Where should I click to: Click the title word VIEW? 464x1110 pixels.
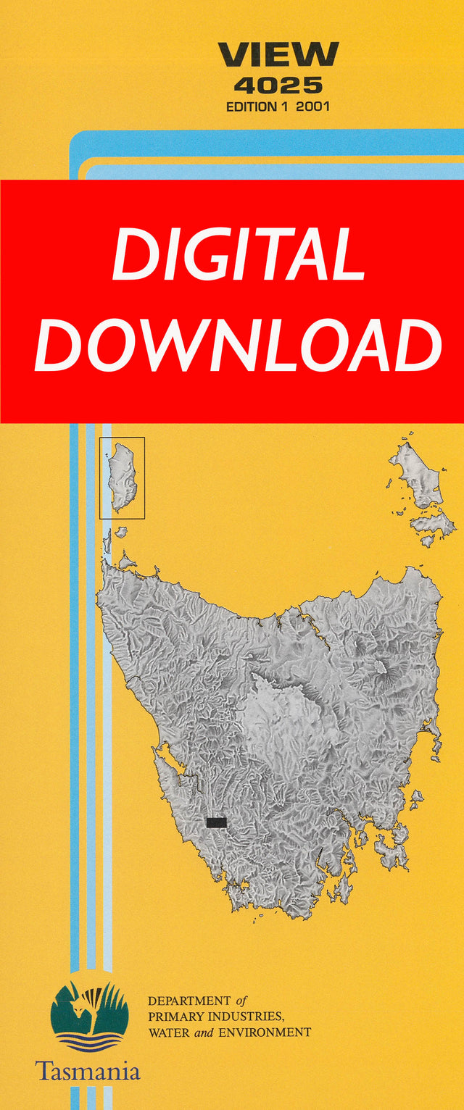point(278,55)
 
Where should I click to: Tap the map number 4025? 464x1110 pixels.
point(278,85)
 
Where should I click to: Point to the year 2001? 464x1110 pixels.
point(313,107)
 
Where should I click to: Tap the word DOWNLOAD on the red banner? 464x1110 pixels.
point(238,346)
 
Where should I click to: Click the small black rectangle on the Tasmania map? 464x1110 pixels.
point(216,822)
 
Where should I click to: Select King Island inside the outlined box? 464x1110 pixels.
point(122,477)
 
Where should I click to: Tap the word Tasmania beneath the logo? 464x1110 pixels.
point(88,1071)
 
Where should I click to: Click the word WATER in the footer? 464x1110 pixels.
point(166,1032)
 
